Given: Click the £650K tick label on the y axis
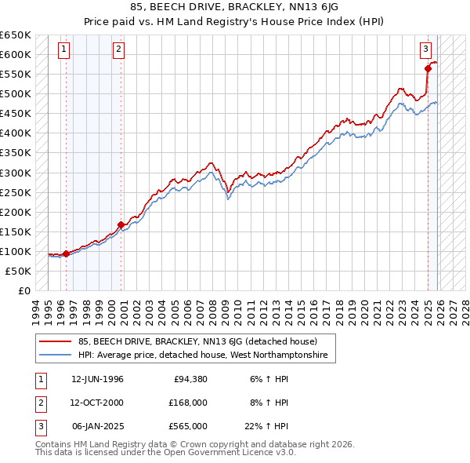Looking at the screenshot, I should [16, 35].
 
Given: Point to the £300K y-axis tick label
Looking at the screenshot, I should [16, 173].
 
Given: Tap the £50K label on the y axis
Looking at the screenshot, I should [19, 271].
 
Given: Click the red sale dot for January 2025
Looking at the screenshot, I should [428, 68].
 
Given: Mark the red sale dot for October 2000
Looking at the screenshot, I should [121, 224].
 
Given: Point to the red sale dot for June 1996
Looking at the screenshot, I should [66, 253].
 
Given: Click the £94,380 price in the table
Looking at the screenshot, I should [190, 379].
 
